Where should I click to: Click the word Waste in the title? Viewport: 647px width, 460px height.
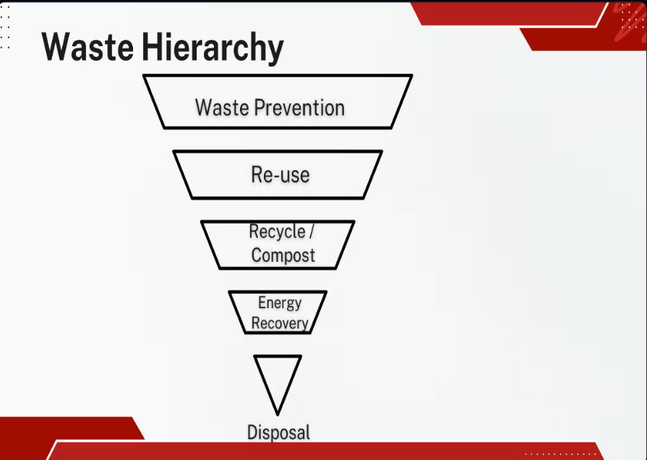point(87,47)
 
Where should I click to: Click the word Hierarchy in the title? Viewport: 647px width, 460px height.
point(213,48)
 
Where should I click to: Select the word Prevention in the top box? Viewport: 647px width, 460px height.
point(299,108)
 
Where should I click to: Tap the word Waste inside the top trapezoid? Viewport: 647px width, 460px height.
point(222,108)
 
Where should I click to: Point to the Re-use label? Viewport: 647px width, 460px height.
point(280,174)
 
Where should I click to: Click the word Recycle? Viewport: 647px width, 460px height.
point(278,232)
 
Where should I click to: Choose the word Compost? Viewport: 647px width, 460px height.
point(283,255)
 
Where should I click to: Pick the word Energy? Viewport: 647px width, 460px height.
point(280,303)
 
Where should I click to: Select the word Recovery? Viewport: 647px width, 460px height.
point(280,323)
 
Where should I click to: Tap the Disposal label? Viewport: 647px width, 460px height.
point(278,433)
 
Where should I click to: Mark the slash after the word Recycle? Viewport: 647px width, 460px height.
point(312,231)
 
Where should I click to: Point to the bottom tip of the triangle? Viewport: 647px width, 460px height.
point(278,415)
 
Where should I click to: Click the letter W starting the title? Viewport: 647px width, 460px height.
point(56,47)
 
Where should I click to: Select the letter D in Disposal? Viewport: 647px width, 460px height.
point(252,432)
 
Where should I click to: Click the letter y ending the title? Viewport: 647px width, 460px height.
point(276,51)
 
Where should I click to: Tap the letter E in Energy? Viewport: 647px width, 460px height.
point(262,302)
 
